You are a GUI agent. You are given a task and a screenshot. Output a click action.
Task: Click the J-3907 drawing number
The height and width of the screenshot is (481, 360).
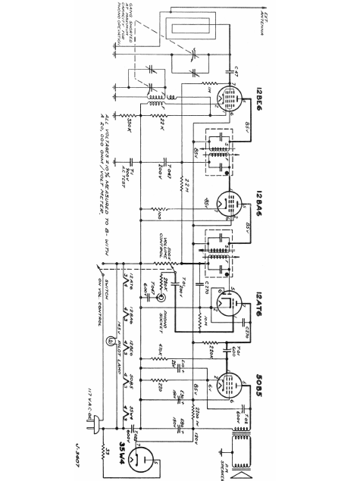[79, 458]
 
